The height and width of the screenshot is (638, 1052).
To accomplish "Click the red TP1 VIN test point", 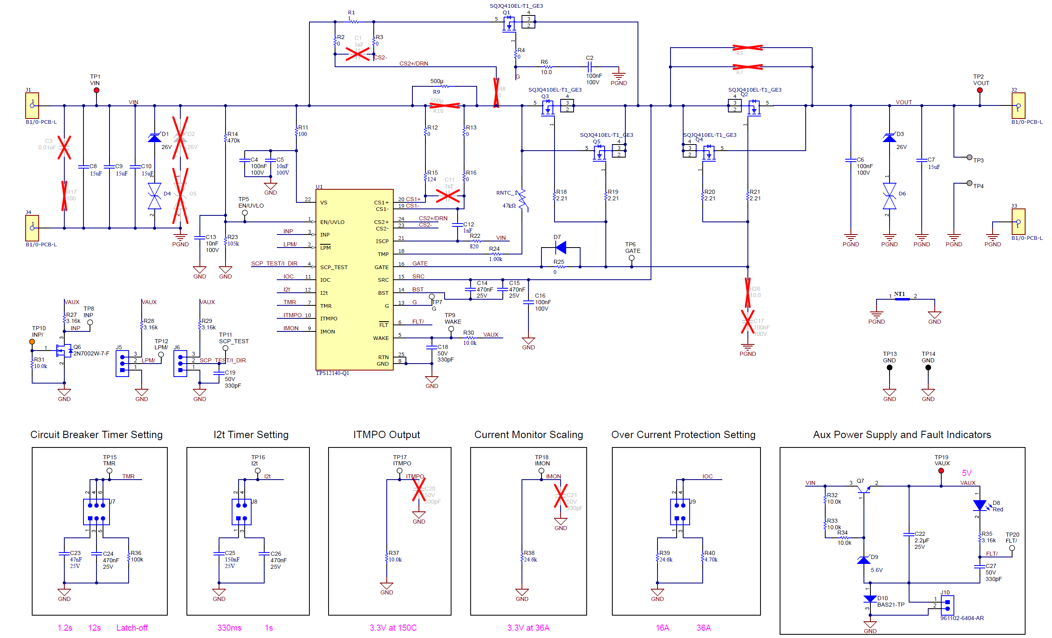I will [96, 90].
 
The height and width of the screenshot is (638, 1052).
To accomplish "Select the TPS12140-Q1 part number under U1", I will [332, 373].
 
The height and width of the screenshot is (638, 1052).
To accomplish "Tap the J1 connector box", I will [32, 105].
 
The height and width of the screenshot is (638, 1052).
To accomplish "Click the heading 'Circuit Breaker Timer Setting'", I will [96, 434].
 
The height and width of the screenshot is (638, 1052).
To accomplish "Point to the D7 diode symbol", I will [561, 247].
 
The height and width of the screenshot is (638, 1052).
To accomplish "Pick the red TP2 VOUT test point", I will [980, 90].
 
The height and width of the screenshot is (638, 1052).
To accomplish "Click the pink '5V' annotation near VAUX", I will [967, 473].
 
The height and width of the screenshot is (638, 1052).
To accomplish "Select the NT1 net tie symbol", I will [902, 299].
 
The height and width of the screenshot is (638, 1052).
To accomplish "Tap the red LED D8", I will [980, 506].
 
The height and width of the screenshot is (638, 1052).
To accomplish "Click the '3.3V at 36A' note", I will [528, 628].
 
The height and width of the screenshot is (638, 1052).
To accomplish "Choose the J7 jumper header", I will [96, 512].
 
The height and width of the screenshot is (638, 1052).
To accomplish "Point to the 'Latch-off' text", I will [132, 628].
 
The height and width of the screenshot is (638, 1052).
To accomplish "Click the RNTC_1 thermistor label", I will [506, 193].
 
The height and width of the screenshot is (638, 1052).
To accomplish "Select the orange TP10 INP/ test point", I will [32, 342].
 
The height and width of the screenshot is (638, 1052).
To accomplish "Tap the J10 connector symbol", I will [947, 605].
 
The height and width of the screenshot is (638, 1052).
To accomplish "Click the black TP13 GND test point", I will [889, 367].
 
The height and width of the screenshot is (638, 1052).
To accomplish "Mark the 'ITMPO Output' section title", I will [386, 434].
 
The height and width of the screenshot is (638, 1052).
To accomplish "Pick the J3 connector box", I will [1018, 221].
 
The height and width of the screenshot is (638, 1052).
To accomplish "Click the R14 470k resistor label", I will [233, 137].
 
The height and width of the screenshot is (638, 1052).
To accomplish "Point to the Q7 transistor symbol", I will [863, 489].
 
